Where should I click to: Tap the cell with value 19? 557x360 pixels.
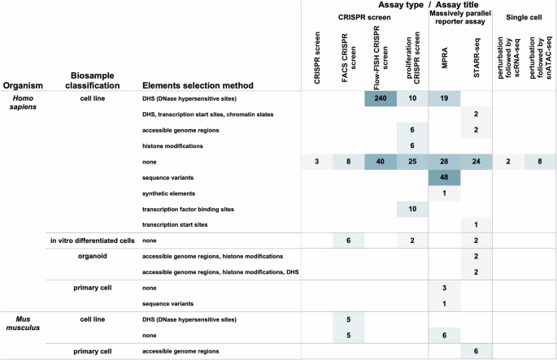click(x=445, y=98)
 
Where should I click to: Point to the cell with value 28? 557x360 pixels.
click(x=445, y=162)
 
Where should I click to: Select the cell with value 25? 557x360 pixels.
click(x=413, y=162)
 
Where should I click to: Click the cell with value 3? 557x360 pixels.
click(x=317, y=162)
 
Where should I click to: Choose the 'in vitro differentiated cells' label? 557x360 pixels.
click(x=91, y=241)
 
